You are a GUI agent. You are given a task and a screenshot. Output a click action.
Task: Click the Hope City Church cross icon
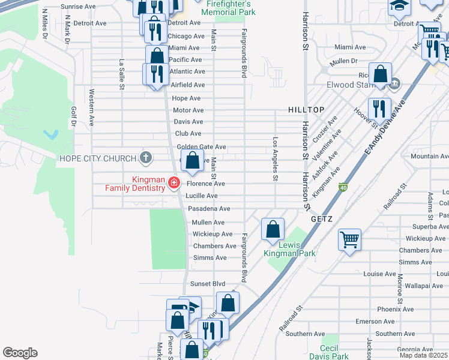pyautogui.click(x=145, y=158)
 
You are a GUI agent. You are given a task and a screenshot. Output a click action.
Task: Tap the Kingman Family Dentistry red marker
pyautogui.click(x=174, y=182)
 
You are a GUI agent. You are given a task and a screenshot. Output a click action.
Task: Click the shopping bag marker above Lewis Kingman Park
pyautogui.click(x=273, y=229)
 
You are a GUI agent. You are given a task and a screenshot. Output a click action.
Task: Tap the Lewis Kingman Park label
pyautogui.click(x=289, y=248)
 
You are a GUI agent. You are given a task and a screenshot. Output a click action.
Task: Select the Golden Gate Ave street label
pyautogui.click(x=201, y=147)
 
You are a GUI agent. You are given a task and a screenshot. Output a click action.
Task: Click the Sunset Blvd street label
pyautogui.click(x=207, y=283)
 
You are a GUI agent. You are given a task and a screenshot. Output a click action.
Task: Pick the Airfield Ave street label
pyautogui.click(x=188, y=85)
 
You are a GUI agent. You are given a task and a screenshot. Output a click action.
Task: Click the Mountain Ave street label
pyautogui.click(x=429, y=156)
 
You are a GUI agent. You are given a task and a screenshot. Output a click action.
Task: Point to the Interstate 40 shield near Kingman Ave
pyautogui.click(x=343, y=187)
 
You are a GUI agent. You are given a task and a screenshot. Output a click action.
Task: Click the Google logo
pyautogui.click(x=20, y=353)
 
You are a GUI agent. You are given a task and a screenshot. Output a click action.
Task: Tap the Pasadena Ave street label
pyautogui.click(x=209, y=209)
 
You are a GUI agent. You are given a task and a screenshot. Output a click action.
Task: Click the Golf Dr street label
pyautogui.click(x=74, y=118)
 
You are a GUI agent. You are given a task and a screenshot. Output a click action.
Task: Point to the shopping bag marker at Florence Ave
pyautogui.click(x=192, y=161)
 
